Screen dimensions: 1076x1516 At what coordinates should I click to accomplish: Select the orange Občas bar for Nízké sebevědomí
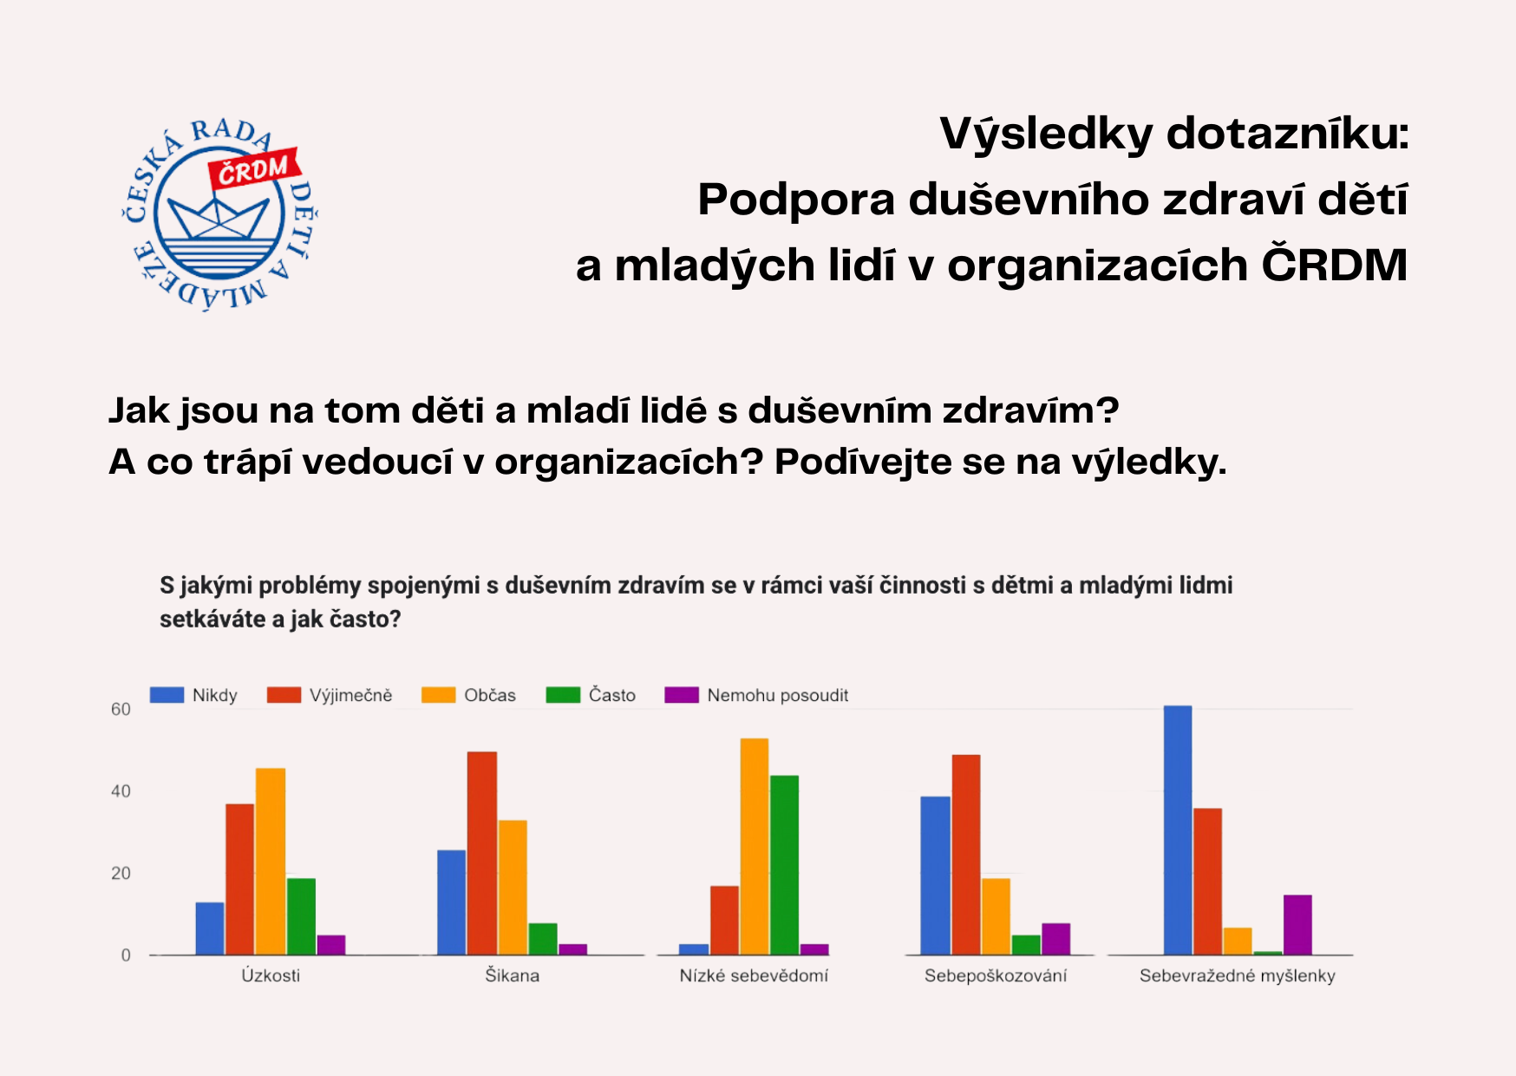point(754,847)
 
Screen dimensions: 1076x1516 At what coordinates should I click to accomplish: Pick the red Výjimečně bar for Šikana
point(482,853)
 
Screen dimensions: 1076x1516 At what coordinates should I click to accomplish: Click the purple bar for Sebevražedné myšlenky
point(1297,925)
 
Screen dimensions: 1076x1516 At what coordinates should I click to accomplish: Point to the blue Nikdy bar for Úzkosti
point(210,928)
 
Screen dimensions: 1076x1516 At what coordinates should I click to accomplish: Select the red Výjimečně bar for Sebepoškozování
point(966,855)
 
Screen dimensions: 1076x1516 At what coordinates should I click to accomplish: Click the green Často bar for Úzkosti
point(301,916)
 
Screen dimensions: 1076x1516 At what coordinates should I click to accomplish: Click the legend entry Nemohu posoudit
point(777,695)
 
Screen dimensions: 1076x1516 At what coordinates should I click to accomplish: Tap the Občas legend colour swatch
point(439,695)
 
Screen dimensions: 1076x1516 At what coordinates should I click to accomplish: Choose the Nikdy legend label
point(214,695)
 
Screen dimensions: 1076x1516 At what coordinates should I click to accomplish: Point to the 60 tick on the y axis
point(121,709)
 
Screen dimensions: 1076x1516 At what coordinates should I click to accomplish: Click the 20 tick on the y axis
point(121,873)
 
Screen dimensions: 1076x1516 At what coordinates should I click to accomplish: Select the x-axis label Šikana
point(512,975)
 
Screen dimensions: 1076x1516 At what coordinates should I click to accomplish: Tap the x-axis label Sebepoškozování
point(995,975)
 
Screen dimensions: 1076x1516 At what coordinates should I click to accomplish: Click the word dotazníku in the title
point(1287,134)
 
